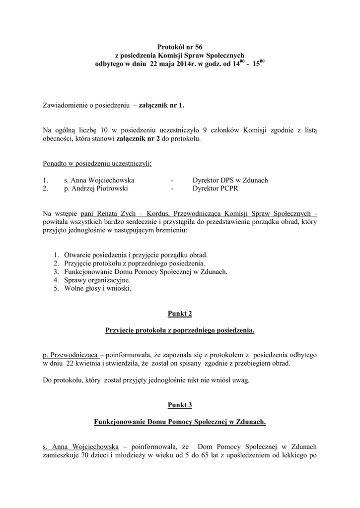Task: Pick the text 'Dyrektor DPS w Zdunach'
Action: [230, 180]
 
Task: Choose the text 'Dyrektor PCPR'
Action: [213, 189]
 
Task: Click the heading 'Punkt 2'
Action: [180, 314]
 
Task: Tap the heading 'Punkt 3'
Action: [180, 405]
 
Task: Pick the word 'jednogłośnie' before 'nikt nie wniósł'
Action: [157, 381]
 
